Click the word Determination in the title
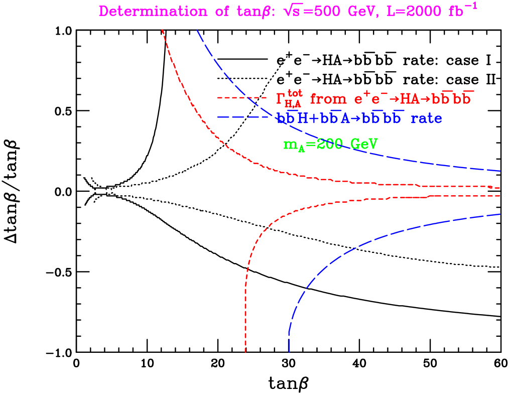[x=153, y=12]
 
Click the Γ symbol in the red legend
[x=280, y=98]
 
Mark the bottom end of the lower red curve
[x=245, y=352]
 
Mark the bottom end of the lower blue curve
[x=289, y=352]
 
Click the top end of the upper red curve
[x=162, y=30]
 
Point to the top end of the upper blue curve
[x=197, y=30]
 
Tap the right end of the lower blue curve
[x=500, y=214]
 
